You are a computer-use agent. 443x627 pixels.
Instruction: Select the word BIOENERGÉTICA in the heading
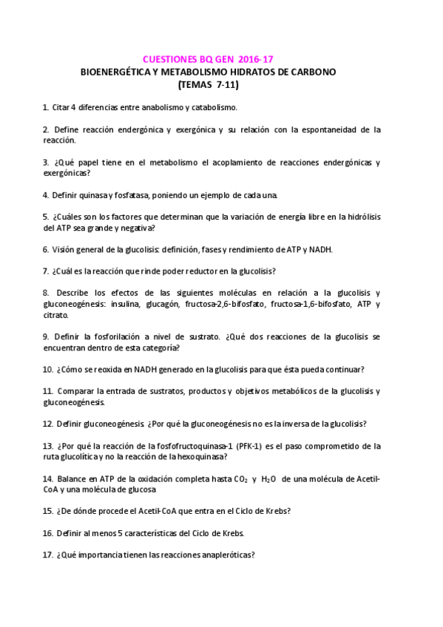click(118, 72)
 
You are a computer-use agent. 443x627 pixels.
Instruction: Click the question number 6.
click(46, 249)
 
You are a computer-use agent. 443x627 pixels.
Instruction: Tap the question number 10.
click(47, 369)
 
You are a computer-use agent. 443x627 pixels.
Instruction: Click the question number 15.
click(47, 511)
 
